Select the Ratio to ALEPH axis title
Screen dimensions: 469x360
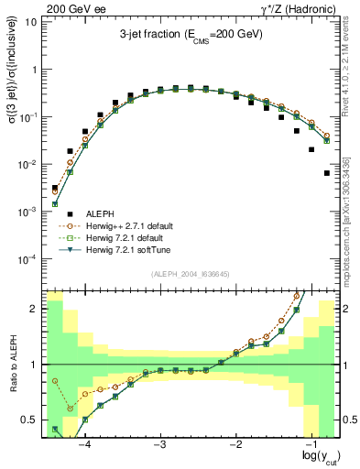(13, 364)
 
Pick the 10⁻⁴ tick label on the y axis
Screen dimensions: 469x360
(27, 259)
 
